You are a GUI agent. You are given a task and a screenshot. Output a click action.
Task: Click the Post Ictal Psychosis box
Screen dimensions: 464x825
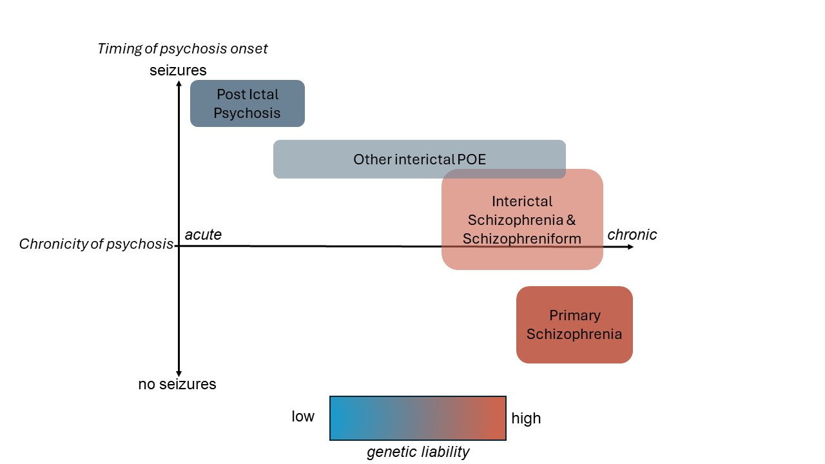click(x=247, y=103)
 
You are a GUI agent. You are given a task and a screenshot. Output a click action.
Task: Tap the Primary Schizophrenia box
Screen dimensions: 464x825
click(x=574, y=325)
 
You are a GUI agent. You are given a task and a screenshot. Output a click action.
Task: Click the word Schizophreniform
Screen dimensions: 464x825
click(x=522, y=238)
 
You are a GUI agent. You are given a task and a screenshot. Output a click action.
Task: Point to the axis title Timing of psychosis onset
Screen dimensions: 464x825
click(x=182, y=48)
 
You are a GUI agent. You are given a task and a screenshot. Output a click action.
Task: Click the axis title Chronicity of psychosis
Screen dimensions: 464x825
click(x=96, y=244)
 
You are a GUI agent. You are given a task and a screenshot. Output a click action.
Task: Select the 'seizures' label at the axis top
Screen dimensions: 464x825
click(x=178, y=70)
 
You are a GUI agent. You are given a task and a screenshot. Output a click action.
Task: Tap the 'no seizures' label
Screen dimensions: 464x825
click(x=177, y=385)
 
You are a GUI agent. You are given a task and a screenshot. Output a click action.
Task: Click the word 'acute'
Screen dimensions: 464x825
click(x=203, y=235)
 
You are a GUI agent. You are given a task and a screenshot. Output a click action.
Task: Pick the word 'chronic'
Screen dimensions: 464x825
click(x=632, y=235)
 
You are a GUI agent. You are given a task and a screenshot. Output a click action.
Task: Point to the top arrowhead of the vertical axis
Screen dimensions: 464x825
click(x=179, y=82)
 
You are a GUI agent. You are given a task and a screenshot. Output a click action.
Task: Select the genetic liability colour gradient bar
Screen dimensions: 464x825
click(x=418, y=418)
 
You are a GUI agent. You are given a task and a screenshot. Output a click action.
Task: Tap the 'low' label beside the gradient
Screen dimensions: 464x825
click(x=303, y=416)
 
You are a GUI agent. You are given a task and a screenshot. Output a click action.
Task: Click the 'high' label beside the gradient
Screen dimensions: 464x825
click(x=526, y=419)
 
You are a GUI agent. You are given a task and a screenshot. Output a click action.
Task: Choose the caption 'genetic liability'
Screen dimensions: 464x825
click(x=418, y=452)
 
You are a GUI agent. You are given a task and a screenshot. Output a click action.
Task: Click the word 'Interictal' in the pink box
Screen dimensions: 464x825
click(x=522, y=201)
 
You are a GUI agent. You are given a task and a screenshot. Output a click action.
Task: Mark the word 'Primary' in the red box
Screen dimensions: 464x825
click(x=574, y=316)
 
